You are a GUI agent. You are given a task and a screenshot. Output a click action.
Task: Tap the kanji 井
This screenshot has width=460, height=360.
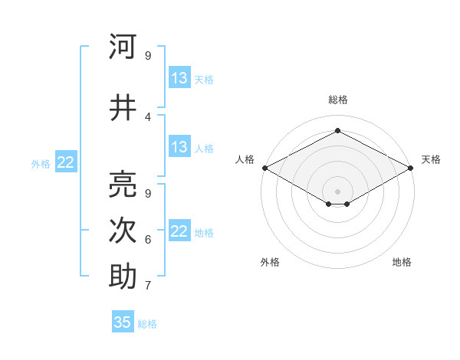click(123, 108)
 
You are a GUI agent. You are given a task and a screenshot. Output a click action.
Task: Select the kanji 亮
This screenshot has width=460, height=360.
click(123, 184)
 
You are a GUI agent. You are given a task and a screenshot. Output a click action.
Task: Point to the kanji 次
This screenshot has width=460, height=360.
click(123, 231)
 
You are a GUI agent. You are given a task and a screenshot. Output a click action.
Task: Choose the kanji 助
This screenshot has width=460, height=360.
click(123, 277)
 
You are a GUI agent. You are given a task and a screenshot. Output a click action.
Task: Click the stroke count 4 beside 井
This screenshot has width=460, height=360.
click(147, 116)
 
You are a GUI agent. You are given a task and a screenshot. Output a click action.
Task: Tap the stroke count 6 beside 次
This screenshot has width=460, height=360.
click(147, 240)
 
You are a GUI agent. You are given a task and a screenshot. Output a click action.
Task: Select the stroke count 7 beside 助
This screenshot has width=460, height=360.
click(147, 286)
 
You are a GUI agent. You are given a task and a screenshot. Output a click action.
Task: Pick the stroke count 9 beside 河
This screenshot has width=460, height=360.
click(147, 55)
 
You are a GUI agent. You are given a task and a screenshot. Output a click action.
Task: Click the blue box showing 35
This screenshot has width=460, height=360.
click(123, 322)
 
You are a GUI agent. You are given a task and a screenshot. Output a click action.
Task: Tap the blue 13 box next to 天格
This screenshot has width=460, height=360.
click(179, 78)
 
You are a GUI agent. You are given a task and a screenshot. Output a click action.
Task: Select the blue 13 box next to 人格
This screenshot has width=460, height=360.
click(179, 147)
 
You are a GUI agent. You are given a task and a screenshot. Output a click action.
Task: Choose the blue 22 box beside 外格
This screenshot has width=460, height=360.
click(66, 162)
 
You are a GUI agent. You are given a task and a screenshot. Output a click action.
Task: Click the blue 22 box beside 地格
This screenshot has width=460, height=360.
click(179, 231)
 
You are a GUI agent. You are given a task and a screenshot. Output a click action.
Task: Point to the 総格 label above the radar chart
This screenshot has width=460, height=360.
click(337, 100)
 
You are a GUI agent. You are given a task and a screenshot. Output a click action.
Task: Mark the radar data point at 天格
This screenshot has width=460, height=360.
click(412, 168)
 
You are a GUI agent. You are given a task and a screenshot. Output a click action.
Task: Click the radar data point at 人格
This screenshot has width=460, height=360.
click(264, 168)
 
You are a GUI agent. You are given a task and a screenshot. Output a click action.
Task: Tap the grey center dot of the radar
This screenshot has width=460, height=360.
click(337, 190)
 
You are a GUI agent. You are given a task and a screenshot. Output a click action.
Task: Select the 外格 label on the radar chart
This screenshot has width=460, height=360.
click(270, 263)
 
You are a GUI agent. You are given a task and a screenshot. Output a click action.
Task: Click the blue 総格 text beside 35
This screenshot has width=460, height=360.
click(147, 324)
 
